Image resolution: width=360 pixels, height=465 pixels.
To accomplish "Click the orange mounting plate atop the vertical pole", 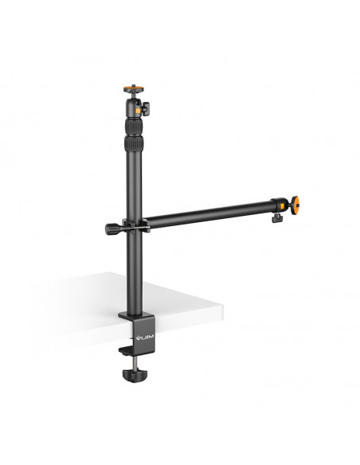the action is click(x=134, y=89).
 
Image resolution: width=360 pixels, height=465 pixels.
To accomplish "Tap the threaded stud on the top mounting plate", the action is click(x=134, y=86).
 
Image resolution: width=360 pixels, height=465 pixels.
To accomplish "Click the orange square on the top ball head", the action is click(x=138, y=111).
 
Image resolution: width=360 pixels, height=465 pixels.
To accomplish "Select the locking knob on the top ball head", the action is click(x=145, y=108).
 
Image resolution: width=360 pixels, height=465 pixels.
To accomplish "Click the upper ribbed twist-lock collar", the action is click(x=134, y=127).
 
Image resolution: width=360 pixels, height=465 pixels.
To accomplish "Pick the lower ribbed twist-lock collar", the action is click(x=133, y=144).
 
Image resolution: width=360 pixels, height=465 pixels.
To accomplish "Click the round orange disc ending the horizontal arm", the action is click(x=295, y=205).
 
